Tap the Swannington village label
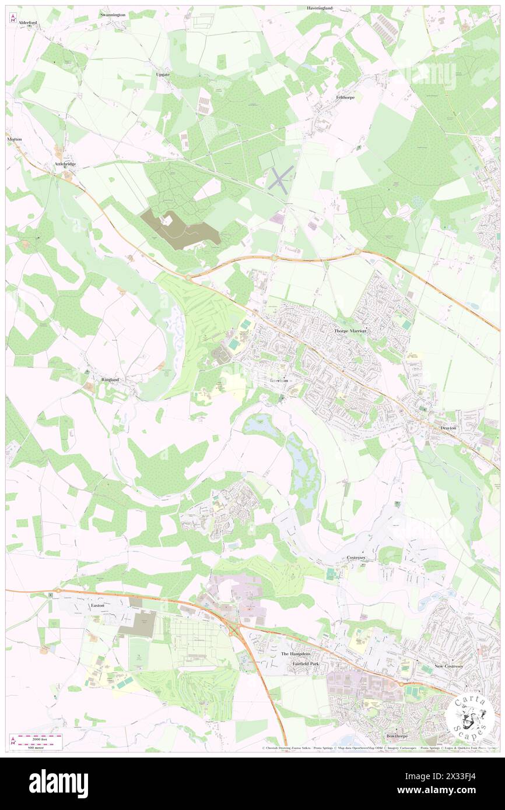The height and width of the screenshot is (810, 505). click(113, 14)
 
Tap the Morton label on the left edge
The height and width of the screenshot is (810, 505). click(14, 140)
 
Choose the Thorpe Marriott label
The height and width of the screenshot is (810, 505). click(351, 330)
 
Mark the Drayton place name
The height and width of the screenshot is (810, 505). click(448, 427)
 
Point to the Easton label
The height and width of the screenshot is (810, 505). click(97, 605)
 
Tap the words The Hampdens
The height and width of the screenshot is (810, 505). click(296, 654)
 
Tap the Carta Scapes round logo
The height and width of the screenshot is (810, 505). click(469, 717)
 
